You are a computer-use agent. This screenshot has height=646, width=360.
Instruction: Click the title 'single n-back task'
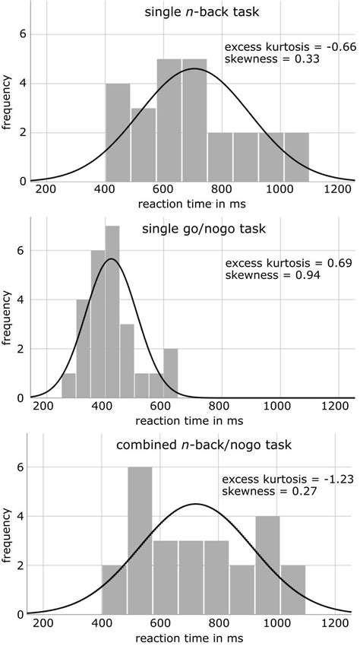[202, 11]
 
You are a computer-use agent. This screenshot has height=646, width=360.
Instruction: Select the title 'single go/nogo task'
[204, 229]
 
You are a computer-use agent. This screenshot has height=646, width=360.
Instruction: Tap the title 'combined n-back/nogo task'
[204, 445]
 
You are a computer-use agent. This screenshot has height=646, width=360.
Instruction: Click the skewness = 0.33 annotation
[273, 59]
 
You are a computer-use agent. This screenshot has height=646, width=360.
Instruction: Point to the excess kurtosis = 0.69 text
[289, 263]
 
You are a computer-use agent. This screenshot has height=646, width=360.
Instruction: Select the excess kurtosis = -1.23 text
[288, 480]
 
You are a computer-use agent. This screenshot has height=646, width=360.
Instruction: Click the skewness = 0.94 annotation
[273, 275]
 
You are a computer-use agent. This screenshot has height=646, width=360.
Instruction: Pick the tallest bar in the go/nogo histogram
[112, 312]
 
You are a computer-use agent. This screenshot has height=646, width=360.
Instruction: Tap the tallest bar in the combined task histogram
[140, 540]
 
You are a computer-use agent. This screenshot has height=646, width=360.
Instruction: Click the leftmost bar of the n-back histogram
[118, 132]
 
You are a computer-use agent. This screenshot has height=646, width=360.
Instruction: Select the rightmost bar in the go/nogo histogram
[171, 373]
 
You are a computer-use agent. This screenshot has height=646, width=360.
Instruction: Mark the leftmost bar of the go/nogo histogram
[69, 385]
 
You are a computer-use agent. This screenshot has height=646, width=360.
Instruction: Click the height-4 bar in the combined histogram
[267, 565]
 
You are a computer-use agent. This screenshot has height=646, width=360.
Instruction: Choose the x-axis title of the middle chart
[189, 421]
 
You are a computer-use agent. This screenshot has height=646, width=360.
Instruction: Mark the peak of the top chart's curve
[194, 69]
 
